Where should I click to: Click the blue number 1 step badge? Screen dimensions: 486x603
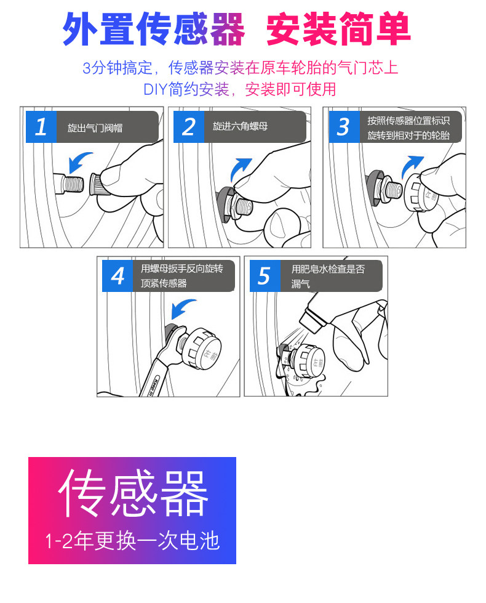(41, 127)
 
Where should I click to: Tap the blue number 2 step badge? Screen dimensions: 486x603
(189, 127)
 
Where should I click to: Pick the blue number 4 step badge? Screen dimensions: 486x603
(117, 276)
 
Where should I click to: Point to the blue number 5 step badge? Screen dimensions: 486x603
(265, 276)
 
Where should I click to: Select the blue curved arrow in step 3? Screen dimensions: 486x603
(411, 165)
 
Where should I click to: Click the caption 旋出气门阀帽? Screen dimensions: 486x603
(95, 127)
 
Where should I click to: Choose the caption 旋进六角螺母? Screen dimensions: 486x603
(240, 126)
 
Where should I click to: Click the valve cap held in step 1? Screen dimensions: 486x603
(99, 184)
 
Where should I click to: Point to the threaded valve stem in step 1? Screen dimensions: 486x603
(69, 183)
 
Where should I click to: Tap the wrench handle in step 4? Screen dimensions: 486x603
(154, 377)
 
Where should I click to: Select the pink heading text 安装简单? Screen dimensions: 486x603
(338, 29)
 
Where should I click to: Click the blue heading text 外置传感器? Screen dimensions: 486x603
(154, 29)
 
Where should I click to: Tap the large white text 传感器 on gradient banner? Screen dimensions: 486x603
(133, 493)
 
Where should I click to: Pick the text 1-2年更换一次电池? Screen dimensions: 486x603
(132, 541)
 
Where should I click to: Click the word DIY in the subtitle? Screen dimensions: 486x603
(155, 89)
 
